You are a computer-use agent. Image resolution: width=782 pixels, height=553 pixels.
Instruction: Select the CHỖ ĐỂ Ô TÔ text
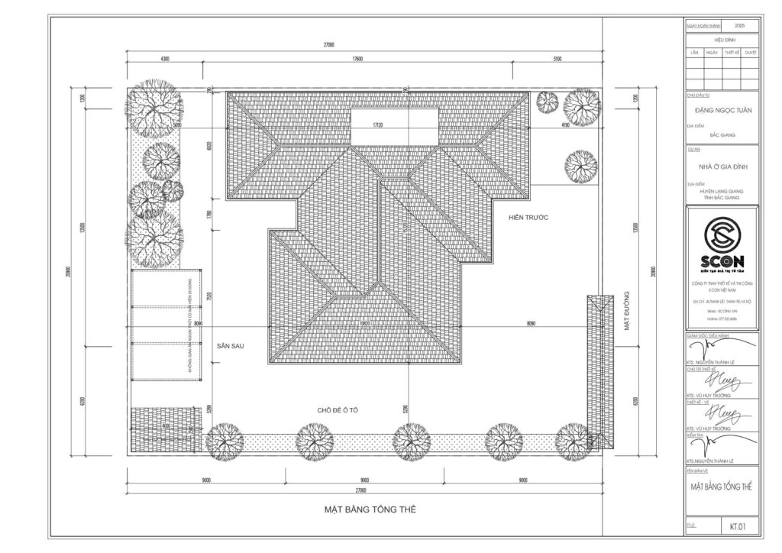point(338,411)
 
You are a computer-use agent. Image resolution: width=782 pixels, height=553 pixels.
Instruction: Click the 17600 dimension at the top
point(362,59)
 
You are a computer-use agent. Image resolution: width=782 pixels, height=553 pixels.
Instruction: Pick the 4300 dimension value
point(165,59)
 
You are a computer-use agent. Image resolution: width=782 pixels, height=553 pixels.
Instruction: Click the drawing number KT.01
point(738,526)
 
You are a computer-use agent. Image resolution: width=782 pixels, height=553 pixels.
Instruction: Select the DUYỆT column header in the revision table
point(751,53)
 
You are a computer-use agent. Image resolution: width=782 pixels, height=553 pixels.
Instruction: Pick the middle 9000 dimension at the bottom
point(364,480)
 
